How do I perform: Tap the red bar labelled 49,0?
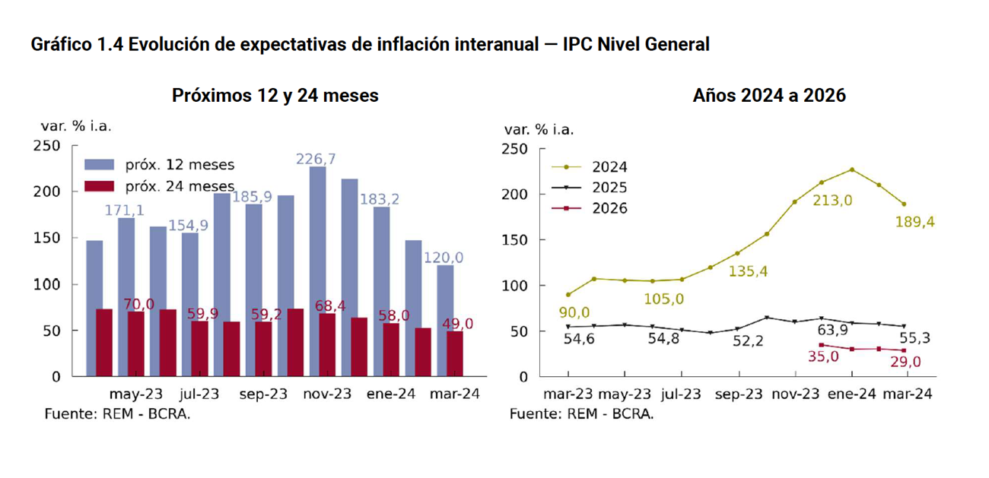point(454,353)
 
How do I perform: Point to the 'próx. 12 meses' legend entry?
point(180,165)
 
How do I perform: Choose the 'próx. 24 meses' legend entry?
point(180,186)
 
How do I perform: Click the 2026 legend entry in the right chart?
point(609,208)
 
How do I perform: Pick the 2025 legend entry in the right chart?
point(609,188)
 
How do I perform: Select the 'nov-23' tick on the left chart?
point(327,394)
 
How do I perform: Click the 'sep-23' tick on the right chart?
point(737,394)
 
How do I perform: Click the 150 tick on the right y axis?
point(517,240)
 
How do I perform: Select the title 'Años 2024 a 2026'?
point(769,96)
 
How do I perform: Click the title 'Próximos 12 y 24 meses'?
point(275,96)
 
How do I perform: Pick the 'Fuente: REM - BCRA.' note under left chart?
point(117,414)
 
